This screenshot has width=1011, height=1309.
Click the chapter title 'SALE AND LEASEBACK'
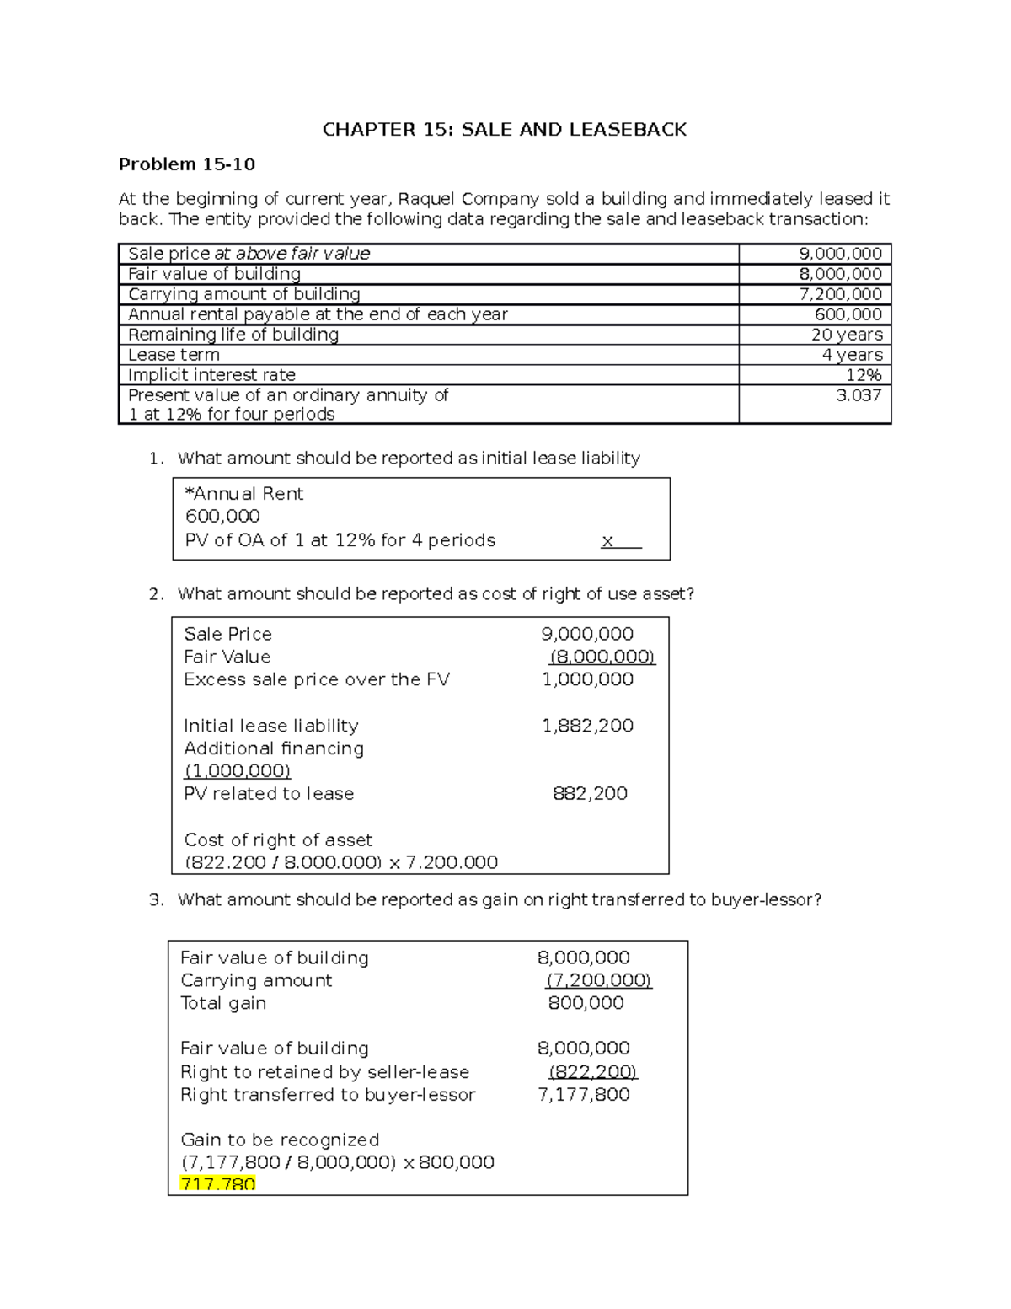point(504,129)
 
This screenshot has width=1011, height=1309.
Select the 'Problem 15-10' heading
point(187,164)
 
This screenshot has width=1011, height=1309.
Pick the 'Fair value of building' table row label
point(214,274)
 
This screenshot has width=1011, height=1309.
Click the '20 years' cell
point(846,335)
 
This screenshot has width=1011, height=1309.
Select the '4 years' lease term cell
point(852,355)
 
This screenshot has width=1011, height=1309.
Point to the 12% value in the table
point(864,375)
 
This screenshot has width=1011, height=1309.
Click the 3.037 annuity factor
point(859,395)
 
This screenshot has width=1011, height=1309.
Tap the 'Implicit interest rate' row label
point(211,375)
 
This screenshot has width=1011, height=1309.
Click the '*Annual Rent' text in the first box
point(243,494)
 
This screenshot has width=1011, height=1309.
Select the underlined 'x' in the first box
point(607,541)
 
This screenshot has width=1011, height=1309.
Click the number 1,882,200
point(587,726)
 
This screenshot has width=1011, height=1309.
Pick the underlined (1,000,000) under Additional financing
point(237,771)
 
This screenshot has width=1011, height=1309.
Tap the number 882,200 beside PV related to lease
point(590,794)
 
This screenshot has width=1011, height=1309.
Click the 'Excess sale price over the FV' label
point(317,680)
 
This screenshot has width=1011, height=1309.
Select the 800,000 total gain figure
point(586,1003)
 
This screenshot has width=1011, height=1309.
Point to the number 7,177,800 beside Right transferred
point(583,1095)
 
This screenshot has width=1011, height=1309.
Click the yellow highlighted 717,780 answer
point(217,1184)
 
